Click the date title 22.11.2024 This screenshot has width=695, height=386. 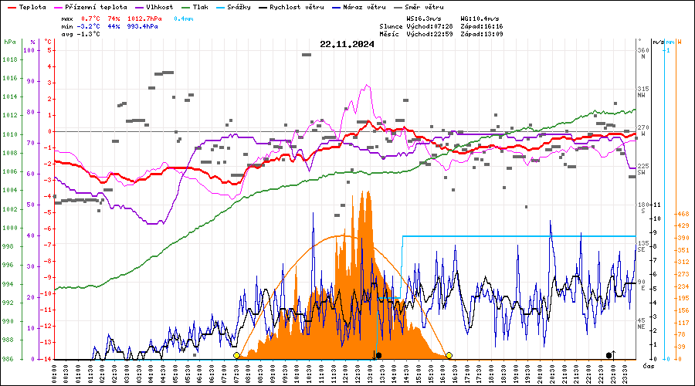coord(347,44)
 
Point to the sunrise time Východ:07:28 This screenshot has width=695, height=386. coord(429,26)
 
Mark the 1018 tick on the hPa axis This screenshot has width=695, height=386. coord(10,59)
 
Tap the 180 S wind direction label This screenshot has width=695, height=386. coord(642,208)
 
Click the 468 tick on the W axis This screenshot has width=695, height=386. coord(682,214)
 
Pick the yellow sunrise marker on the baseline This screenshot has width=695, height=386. coord(236,355)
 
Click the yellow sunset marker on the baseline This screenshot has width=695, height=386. coord(449,355)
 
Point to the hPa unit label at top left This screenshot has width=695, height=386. coord(10,41)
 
